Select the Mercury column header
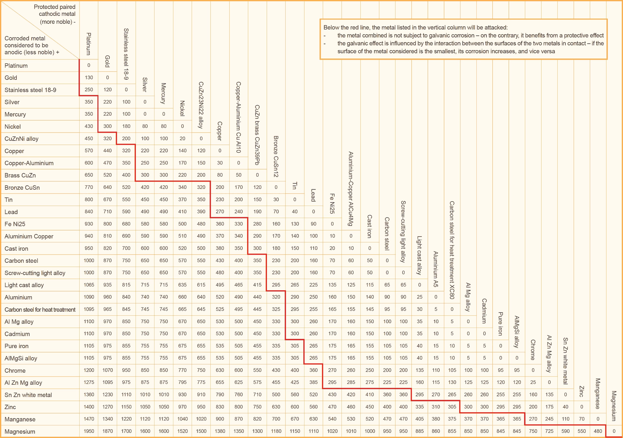click(x=163, y=93)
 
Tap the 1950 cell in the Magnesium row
click(x=89, y=431)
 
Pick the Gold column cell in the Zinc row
click(x=108, y=407)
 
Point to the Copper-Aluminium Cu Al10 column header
click(x=238, y=117)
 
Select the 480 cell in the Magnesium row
click(x=598, y=431)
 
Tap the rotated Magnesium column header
click(x=614, y=406)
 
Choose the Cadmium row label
click(x=17, y=334)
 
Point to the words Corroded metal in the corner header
click(x=25, y=38)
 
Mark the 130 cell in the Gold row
click(x=89, y=78)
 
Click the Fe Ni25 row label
click(x=15, y=224)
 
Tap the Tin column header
click(x=294, y=185)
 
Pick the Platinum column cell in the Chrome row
click(x=89, y=370)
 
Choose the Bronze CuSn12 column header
click(x=276, y=156)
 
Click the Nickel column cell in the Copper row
click(x=182, y=151)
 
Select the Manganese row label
click(x=20, y=419)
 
